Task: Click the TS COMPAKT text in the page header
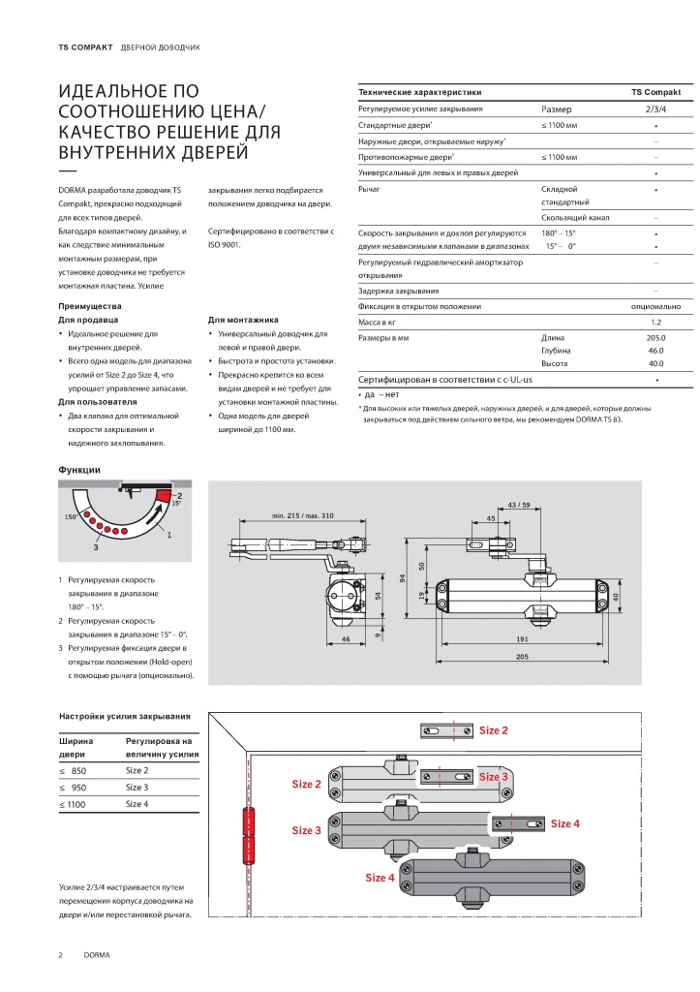[x=85, y=47]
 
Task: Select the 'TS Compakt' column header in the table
[x=655, y=92]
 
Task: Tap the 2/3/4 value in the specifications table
[x=655, y=108]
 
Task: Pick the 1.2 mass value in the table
[x=655, y=322]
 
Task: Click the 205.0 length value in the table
[x=655, y=338]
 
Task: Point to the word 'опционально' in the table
[x=655, y=306]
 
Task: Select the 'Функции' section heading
[x=79, y=470]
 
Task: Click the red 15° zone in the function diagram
[x=164, y=496]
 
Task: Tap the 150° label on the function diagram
[x=71, y=517]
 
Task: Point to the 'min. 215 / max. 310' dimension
[x=302, y=515]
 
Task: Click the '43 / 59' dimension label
[x=519, y=505]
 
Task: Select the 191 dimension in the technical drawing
[x=522, y=639]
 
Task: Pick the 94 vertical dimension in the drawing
[x=402, y=579]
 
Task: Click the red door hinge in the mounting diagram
[x=248, y=836]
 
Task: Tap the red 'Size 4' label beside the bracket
[x=564, y=823]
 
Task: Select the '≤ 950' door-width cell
[x=73, y=788]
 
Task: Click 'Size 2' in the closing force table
[x=137, y=770]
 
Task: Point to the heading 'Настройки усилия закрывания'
[x=125, y=717]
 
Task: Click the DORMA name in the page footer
[x=97, y=955]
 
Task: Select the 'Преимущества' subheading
[x=90, y=306]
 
